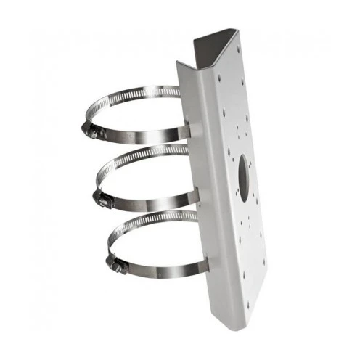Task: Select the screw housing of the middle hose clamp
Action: coord(101,198)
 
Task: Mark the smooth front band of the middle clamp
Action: coord(149,200)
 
